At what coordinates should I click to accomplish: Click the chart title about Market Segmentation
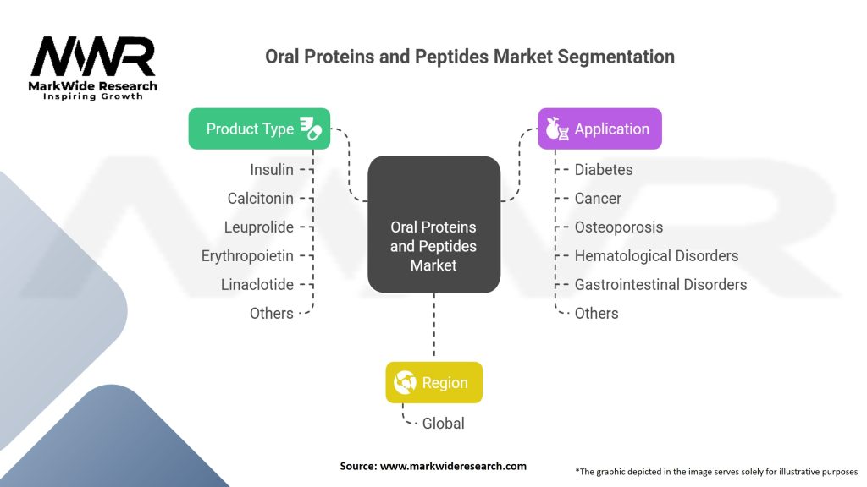click(x=470, y=57)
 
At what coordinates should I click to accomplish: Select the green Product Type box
click(x=259, y=129)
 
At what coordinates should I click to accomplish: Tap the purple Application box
click(x=599, y=129)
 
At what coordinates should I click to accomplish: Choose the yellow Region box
click(x=433, y=382)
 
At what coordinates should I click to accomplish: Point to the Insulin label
click(x=272, y=169)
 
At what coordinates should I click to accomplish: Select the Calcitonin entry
click(x=261, y=198)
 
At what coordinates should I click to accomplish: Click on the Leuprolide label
click(x=259, y=227)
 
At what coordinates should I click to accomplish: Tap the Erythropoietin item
click(x=247, y=255)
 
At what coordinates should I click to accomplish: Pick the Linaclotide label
click(x=257, y=284)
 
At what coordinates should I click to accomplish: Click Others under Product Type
click(x=272, y=313)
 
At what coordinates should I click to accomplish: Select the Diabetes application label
click(x=604, y=169)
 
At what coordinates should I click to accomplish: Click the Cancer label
click(x=598, y=198)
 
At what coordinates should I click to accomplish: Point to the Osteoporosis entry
click(x=619, y=227)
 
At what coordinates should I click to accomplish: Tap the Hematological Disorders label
click(x=656, y=255)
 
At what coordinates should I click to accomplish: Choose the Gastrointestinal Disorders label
click(x=660, y=284)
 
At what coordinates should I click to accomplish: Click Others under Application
click(x=596, y=313)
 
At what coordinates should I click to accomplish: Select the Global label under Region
click(x=444, y=423)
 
